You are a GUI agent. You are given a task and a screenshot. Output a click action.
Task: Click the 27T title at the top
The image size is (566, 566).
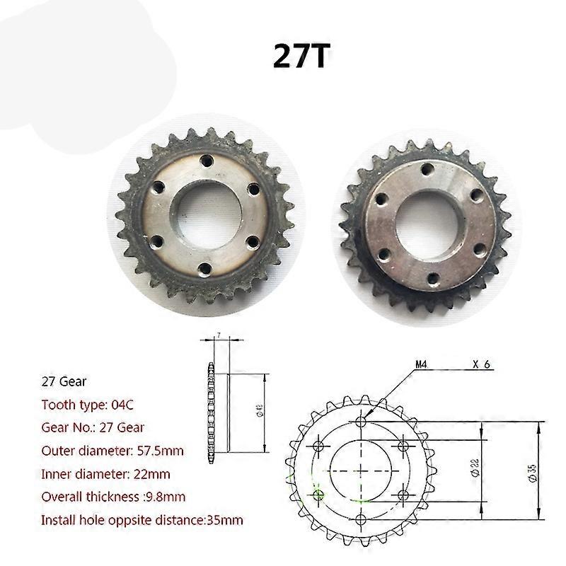[301, 57]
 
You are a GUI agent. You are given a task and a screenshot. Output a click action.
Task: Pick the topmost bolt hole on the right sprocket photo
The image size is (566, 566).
[427, 169]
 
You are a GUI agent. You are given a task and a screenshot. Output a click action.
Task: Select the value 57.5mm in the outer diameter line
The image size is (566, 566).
[149, 451]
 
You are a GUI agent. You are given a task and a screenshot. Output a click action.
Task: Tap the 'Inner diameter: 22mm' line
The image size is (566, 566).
[105, 473]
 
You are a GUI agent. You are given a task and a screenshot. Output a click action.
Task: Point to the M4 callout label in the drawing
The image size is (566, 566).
[422, 365]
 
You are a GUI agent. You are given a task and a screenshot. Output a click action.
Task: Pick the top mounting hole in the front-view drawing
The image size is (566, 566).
[361, 422]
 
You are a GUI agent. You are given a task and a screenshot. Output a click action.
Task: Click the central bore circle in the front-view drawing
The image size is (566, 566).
[361, 470]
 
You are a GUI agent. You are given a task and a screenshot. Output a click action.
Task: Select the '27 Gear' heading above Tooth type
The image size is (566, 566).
[64, 381]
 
